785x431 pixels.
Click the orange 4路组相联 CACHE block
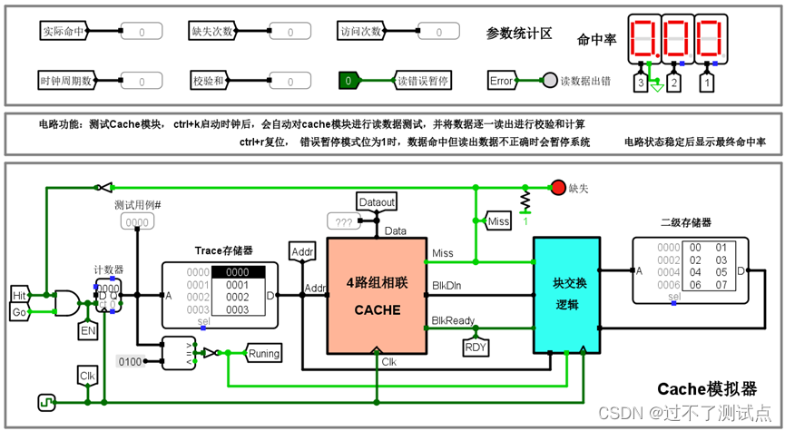tap(377, 295)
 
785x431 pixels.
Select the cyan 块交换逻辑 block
tap(565, 295)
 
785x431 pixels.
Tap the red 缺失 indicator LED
tap(558, 188)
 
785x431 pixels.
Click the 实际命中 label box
tap(63, 32)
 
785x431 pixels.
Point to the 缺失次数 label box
tap(212, 32)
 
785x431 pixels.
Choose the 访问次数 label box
tap(360, 32)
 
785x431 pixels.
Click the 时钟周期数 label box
tap(66, 81)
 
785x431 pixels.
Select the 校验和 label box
tap(212, 81)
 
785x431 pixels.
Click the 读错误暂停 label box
tap(424, 81)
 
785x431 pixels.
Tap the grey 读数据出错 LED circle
tap(549, 81)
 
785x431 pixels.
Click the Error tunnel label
tap(502, 81)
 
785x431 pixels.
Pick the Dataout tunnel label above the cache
tap(377, 201)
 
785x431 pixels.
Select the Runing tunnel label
tap(264, 353)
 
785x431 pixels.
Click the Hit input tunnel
tap(19, 295)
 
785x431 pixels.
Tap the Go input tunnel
tap(19, 313)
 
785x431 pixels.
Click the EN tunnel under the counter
tap(89, 332)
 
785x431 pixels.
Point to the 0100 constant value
tap(130, 362)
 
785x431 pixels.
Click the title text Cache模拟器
tap(707, 388)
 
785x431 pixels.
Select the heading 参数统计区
tap(519, 34)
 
